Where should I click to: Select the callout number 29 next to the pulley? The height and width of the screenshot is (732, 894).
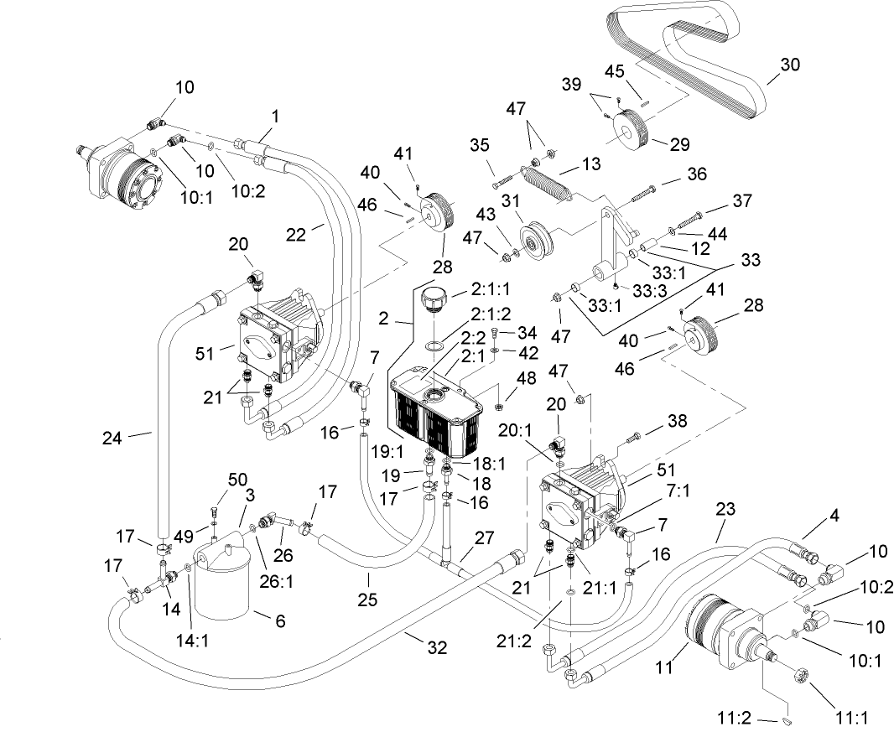tap(680, 144)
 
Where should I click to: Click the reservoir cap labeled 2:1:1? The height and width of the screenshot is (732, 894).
tap(435, 300)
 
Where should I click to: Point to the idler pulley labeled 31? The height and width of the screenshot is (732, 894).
tap(533, 236)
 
